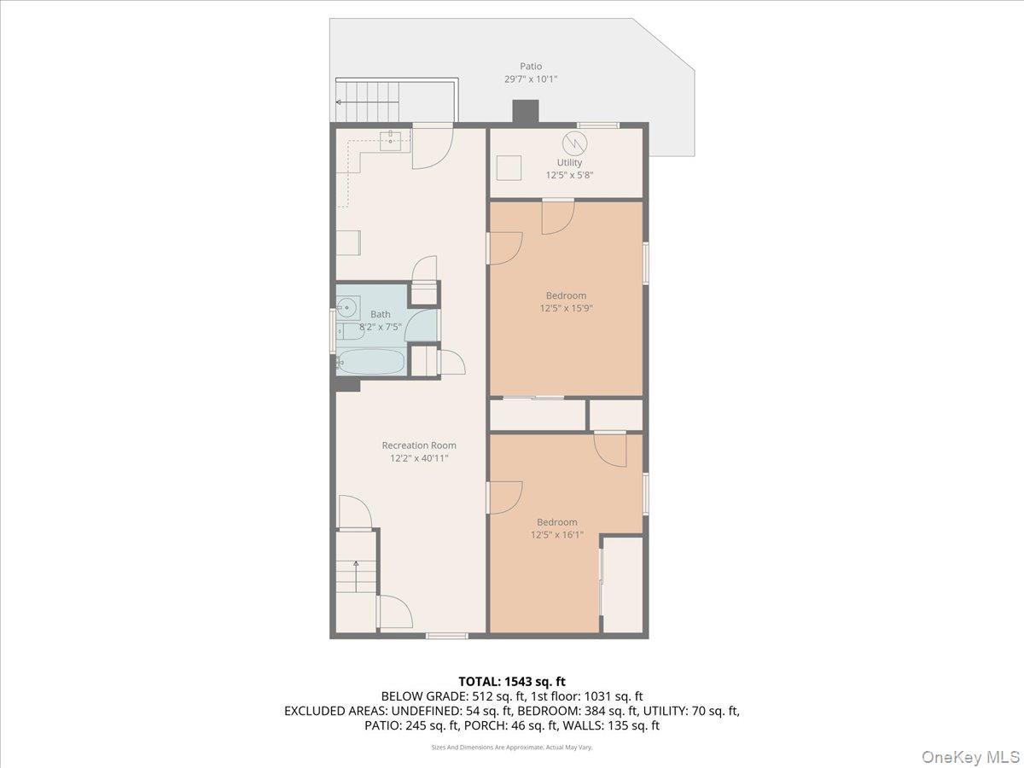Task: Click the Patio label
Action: (531, 67)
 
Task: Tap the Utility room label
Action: (569, 162)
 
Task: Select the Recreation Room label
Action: (419, 445)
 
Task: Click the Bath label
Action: (381, 314)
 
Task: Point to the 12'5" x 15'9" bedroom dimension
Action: (567, 308)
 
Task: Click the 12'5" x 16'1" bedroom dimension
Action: (557, 535)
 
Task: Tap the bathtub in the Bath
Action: (371, 362)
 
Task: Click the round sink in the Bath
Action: (346, 307)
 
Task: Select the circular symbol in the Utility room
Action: (575, 144)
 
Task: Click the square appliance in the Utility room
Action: (509, 168)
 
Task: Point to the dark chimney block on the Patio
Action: (526, 113)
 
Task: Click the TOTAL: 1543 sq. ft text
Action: (512, 682)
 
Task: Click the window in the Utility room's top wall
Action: (598, 125)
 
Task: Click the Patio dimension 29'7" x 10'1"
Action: (531, 79)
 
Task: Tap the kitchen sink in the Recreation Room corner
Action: (390, 140)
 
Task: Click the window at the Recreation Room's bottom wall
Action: (447, 636)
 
